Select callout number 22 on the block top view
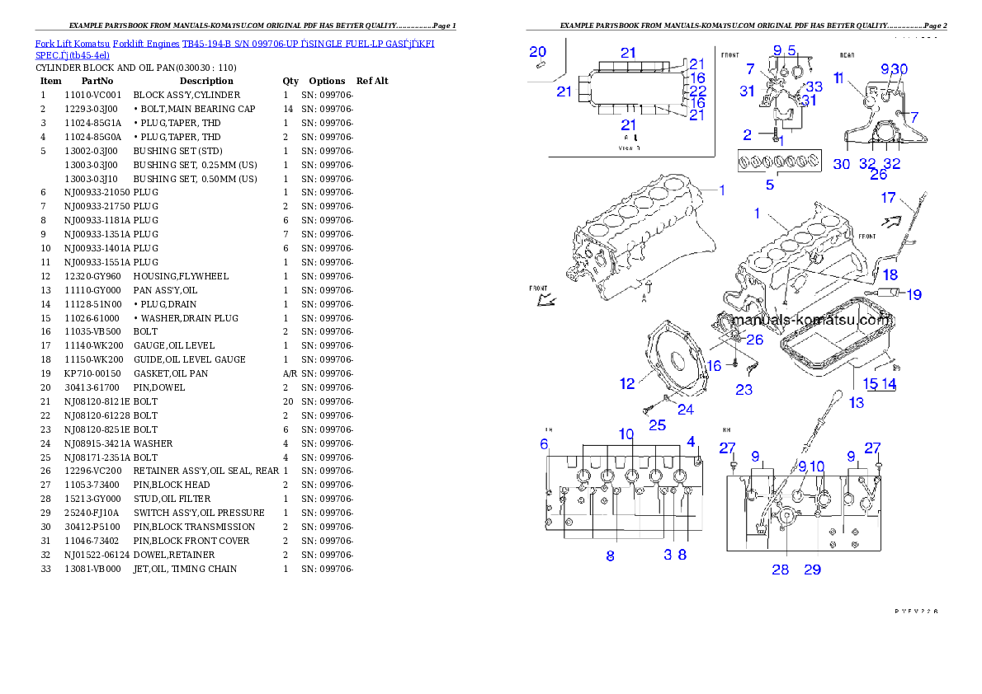(697, 91)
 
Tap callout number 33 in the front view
(814, 87)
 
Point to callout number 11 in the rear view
(838, 78)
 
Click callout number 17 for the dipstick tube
(888, 198)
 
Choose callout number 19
(914, 294)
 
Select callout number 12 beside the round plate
(627, 383)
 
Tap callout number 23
(744, 389)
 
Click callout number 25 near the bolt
(657, 425)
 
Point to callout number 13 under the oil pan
(857, 402)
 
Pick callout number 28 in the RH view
(780, 569)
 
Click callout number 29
(812, 569)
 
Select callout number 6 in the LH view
(544, 444)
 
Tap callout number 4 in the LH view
(691, 441)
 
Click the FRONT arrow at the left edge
(544, 297)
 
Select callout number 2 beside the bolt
(747, 134)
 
